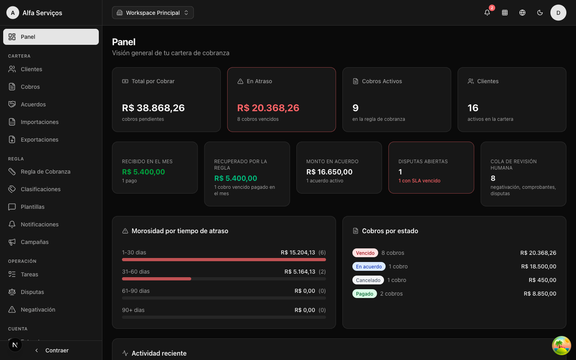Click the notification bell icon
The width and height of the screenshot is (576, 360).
487,13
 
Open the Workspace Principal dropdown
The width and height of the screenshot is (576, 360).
153,13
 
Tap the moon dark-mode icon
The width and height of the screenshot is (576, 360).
540,13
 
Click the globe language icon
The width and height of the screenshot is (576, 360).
522,13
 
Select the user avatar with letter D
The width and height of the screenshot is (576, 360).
558,13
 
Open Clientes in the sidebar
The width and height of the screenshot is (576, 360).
31,69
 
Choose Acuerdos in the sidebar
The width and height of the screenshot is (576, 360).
33,104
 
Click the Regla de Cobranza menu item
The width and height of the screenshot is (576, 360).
46,172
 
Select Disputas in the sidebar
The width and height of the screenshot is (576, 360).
32,292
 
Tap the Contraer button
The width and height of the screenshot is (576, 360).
52,350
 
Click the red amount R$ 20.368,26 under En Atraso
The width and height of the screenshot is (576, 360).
268,108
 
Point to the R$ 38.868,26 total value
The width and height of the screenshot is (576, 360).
153,108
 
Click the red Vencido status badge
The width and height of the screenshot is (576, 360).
365,253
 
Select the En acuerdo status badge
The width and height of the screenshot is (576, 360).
369,266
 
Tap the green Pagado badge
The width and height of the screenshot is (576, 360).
364,294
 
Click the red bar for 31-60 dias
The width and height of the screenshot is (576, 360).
157,279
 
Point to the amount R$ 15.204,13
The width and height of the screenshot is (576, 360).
298,252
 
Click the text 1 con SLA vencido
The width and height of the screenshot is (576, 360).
419,181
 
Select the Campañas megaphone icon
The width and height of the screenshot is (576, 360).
12,242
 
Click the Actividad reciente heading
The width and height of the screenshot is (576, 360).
159,353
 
